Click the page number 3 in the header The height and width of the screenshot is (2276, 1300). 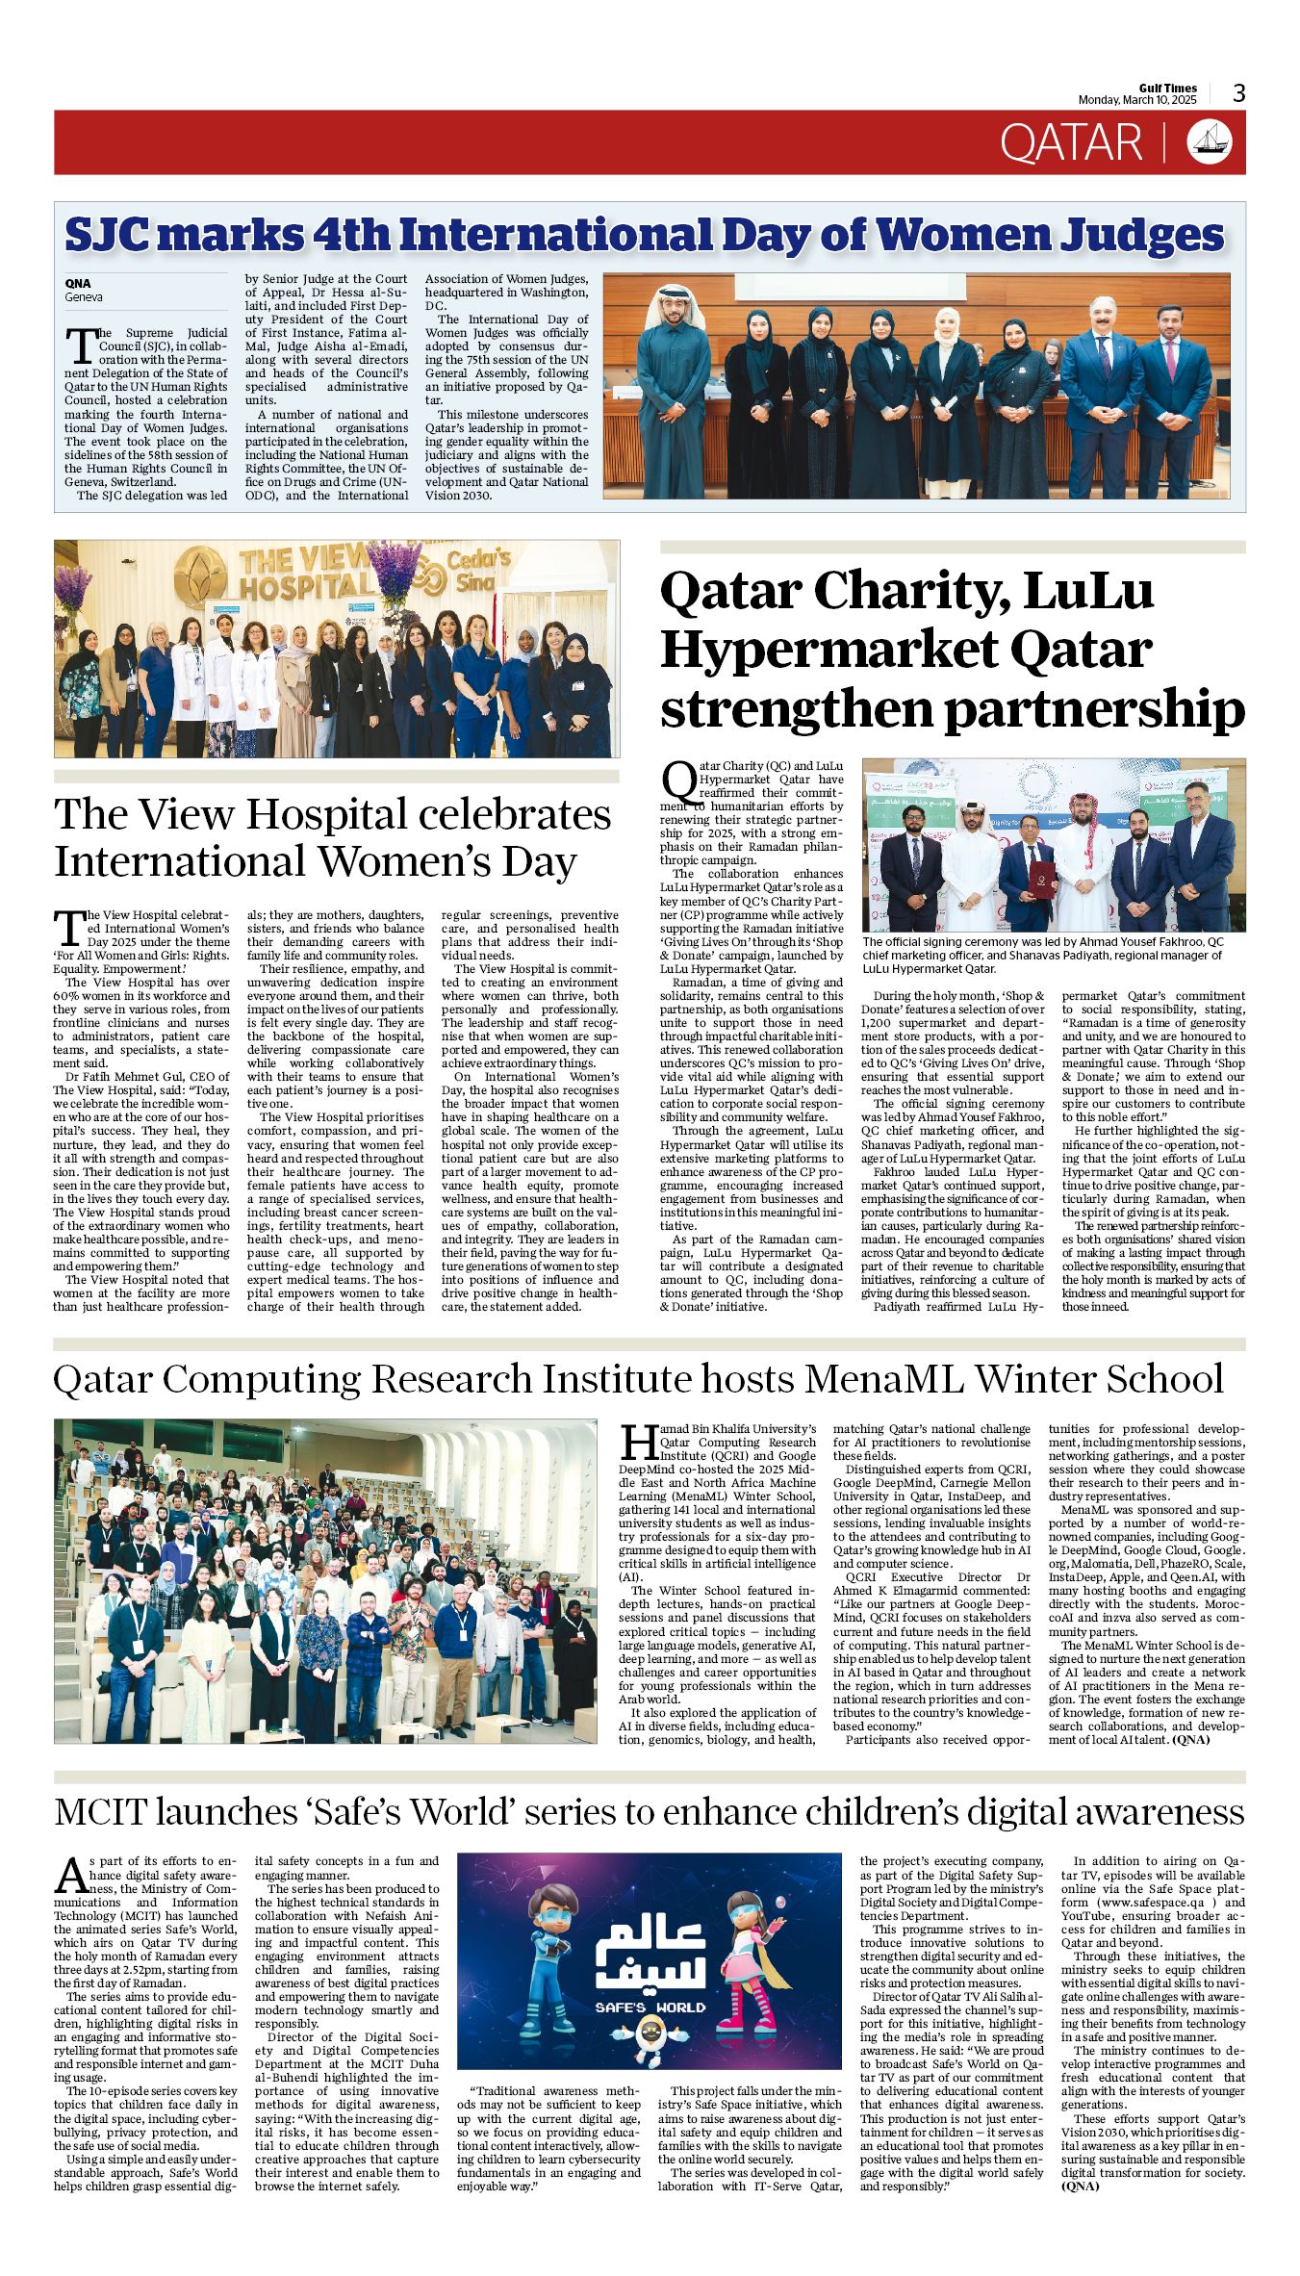point(1238,93)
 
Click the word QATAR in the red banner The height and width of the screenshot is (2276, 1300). point(1070,143)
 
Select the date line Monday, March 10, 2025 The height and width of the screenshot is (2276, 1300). point(1136,100)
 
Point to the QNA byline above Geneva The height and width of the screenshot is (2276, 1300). point(78,283)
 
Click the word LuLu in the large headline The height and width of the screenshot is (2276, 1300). point(1087,590)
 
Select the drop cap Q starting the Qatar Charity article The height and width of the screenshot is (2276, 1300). point(678,779)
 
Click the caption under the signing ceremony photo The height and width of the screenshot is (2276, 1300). point(1043,955)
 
